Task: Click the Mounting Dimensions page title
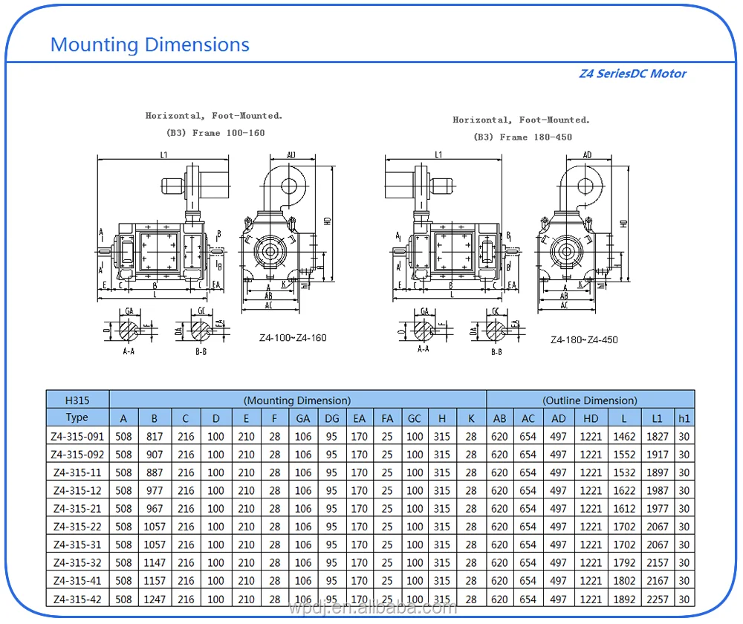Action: (x=149, y=45)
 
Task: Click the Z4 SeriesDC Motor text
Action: (x=632, y=74)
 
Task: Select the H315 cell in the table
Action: (x=77, y=400)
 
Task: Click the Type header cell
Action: (x=77, y=417)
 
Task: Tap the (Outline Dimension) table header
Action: (x=590, y=400)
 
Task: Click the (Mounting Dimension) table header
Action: (x=297, y=400)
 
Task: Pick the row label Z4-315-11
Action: (x=77, y=472)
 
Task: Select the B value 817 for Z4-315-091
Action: (x=154, y=436)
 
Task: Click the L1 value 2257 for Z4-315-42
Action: (x=657, y=599)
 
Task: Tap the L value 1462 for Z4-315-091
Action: (x=624, y=436)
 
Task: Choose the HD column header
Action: (x=591, y=418)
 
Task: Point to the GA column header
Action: (x=303, y=418)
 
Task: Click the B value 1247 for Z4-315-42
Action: (x=154, y=599)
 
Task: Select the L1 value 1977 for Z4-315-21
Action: (x=657, y=509)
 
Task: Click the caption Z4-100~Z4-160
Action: (x=293, y=337)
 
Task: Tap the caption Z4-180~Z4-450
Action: (x=584, y=339)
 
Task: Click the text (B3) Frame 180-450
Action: (x=522, y=137)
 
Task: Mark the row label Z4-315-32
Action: (x=77, y=563)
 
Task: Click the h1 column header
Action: (x=684, y=418)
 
